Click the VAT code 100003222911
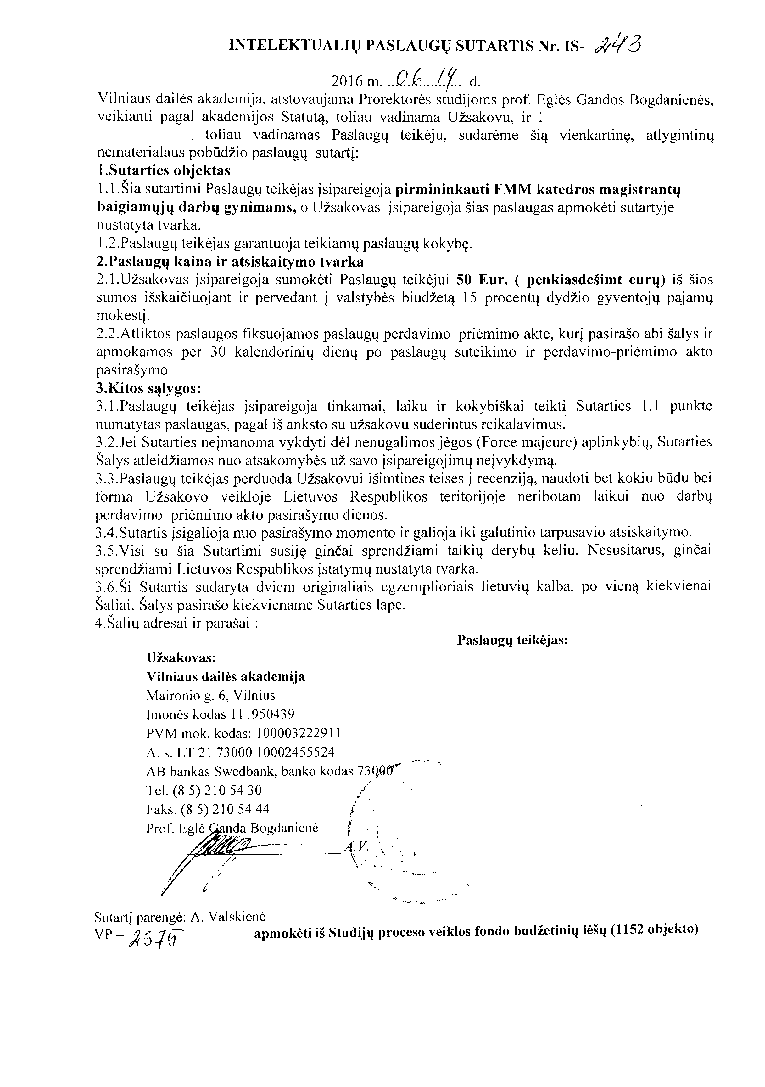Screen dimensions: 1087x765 coord(298,733)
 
